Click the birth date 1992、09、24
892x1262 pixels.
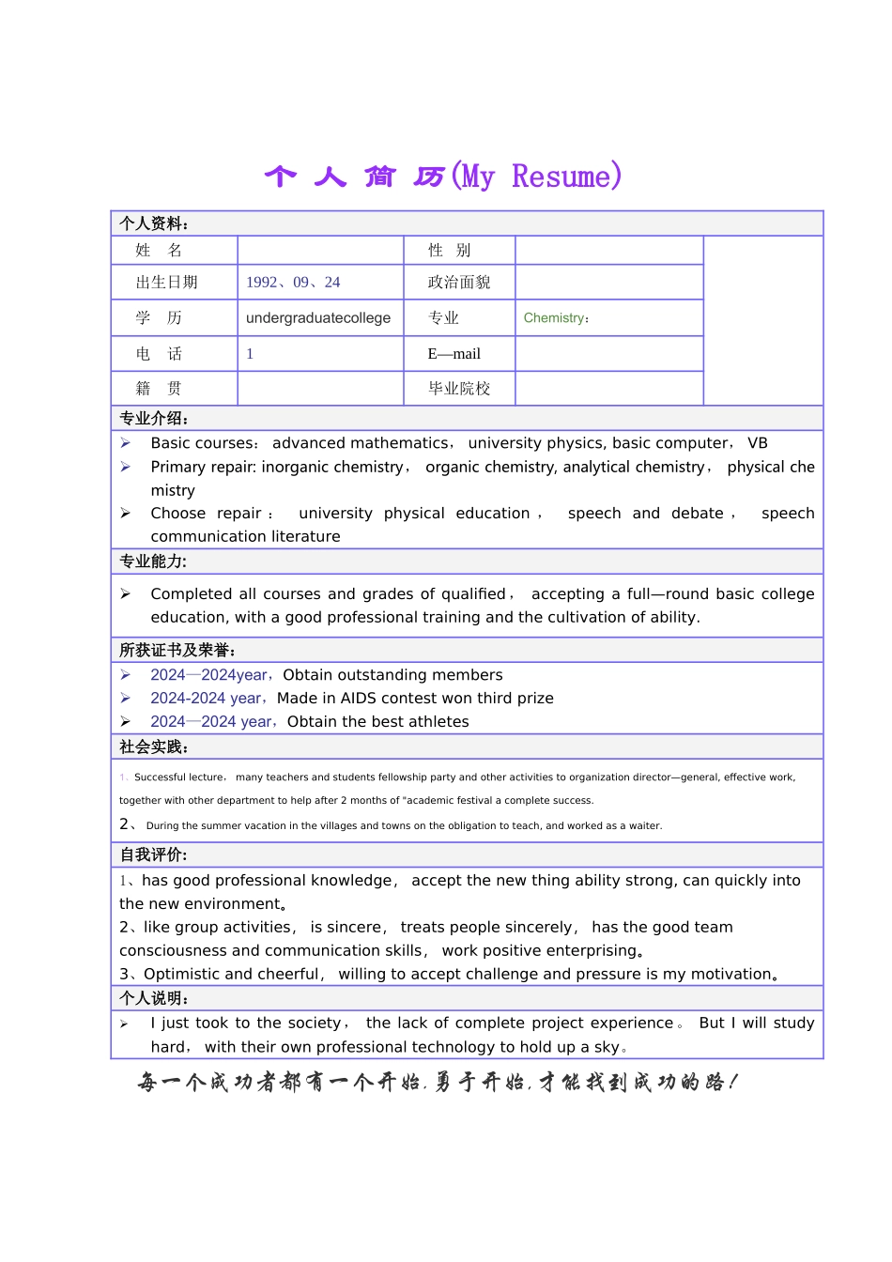tap(293, 283)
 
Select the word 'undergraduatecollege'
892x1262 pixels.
tap(317, 318)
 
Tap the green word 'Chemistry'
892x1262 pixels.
tap(554, 318)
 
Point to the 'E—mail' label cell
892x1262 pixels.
tap(454, 354)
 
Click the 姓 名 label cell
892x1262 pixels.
tap(159, 250)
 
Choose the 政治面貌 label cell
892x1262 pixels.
tap(459, 283)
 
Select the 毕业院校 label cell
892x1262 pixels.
tap(459, 389)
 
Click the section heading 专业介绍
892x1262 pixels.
tap(153, 419)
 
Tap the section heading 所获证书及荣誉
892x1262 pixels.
tap(177, 651)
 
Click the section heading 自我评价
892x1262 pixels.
tap(153, 855)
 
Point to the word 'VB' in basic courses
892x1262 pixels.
tap(758, 443)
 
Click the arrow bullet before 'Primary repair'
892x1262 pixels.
tap(126, 467)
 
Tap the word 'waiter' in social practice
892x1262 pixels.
tap(644, 826)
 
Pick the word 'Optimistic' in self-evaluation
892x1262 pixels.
tap(182, 975)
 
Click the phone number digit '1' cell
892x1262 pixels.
tap(250, 354)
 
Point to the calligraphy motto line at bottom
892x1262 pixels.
tap(437, 1083)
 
